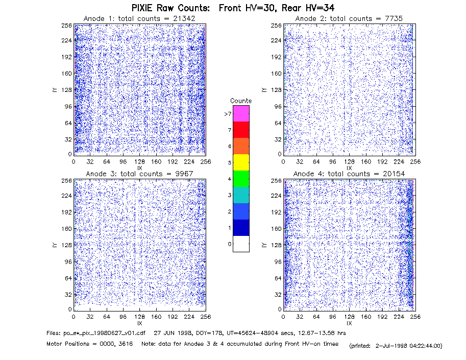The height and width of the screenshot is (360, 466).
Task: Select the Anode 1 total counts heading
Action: pyautogui.click(x=139, y=18)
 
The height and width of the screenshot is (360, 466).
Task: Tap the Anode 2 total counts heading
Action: pyautogui.click(x=349, y=18)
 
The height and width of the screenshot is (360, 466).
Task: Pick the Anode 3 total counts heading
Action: pyautogui.click(x=139, y=174)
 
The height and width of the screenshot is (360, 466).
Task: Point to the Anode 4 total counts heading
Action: pyautogui.click(x=349, y=174)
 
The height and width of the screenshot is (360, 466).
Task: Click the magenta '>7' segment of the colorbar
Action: pyautogui.click(x=241, y=113)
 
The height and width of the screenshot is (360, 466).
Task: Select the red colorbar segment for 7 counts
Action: pyautogui.click(x=241, y=130)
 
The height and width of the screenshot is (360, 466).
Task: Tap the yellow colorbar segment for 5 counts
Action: pyautogui.click(x=241, y=162)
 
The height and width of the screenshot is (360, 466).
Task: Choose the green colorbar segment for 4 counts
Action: pyautogui.click(x=241, y=179)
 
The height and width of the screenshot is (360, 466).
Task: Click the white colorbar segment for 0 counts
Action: pyautogui.click(x=241, y=244)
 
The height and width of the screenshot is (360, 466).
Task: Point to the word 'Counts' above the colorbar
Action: pyautogui.click(x=241, y=101)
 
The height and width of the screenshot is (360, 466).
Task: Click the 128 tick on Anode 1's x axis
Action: pyautogui.click(x=140, y=162)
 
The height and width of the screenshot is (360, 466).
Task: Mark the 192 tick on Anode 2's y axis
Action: pyautogui.click(x=276, y=57)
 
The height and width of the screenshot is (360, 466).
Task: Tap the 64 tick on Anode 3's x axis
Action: pyautogui.click(x=107, y=317)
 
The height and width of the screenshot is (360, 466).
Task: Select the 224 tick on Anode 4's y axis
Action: pyautogui.click(x=276, y=196)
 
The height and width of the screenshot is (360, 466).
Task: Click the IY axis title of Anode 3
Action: pyautogui.click(x=55, y=245)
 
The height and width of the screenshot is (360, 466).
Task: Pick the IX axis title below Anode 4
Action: pyautogui.click(x=349, y=323)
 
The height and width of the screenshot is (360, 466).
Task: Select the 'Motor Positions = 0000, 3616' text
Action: pyautogui.click(x=89, y=344)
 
